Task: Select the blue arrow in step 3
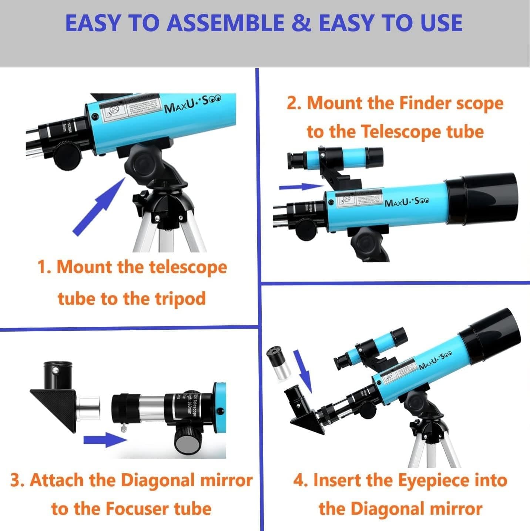(104, 440)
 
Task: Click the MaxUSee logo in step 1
(192, 104)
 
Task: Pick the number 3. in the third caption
(17, 480)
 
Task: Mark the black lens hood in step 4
(492, 335)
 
